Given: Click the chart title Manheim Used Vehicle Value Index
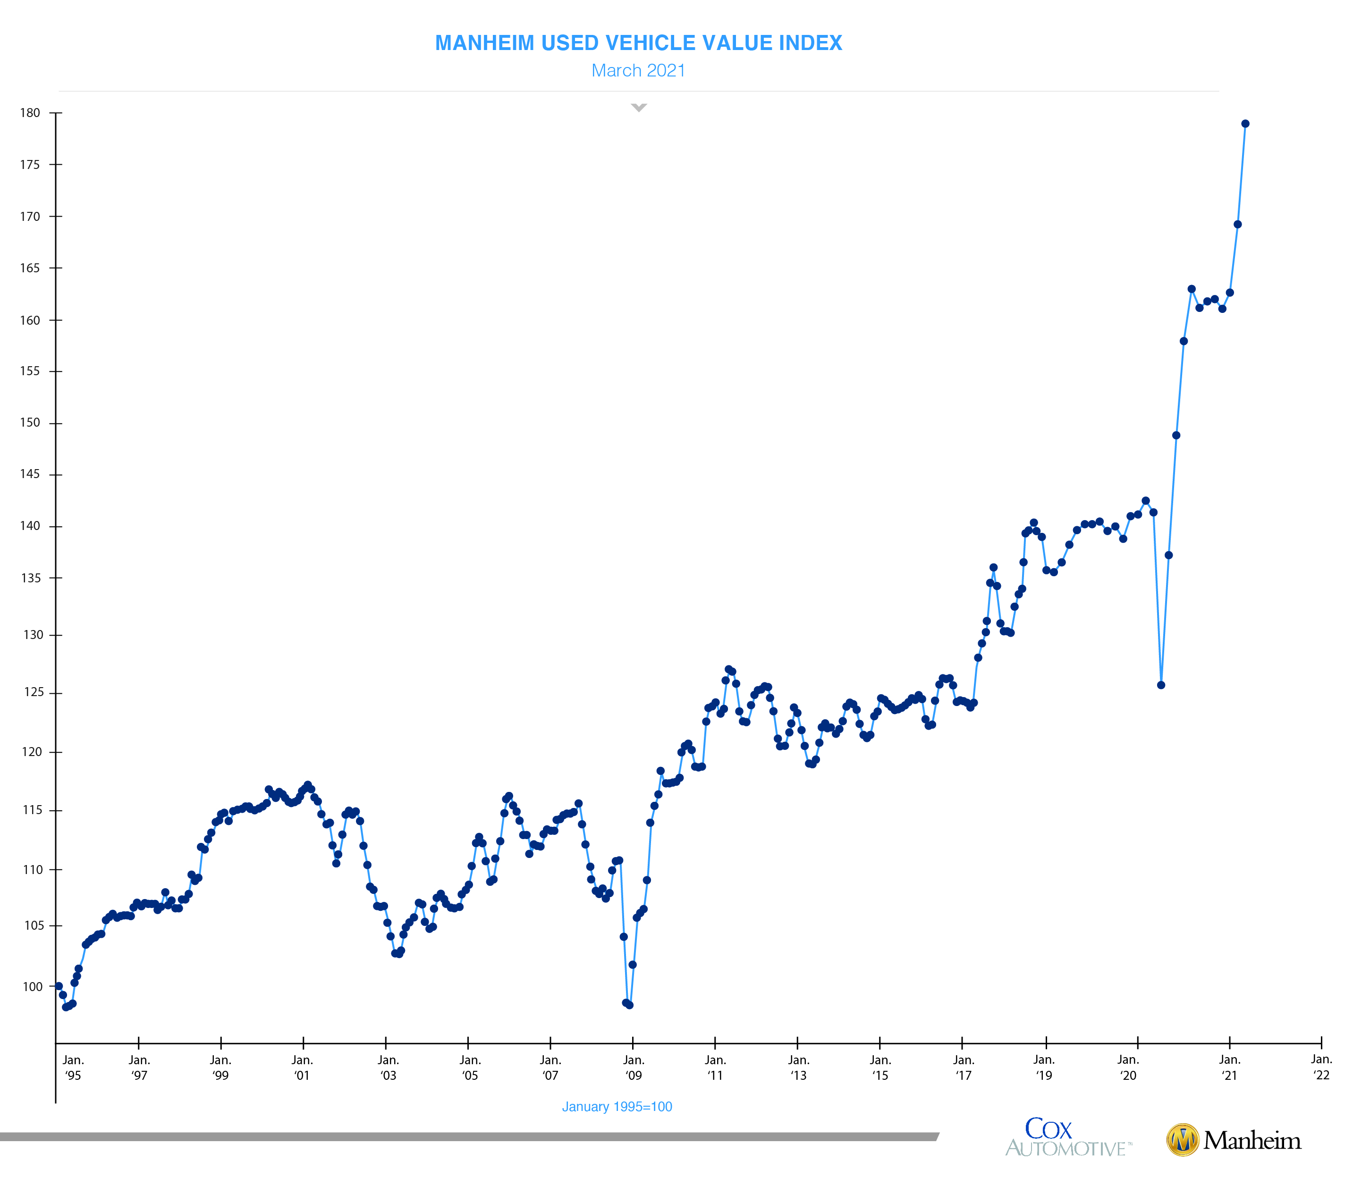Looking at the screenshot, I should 638,43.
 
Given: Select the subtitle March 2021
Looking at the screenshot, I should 638,71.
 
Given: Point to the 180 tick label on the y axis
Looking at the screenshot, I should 30,113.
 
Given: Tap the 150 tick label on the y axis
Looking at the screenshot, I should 30,423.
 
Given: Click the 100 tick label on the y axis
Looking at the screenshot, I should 33,987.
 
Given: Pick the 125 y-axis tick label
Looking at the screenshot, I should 33,692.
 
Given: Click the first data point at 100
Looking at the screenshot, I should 59,986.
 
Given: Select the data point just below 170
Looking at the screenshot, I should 1238,224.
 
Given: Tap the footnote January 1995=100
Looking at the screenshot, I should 617,1107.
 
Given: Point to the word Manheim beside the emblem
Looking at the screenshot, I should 1252,1140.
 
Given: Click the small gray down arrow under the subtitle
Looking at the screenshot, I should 639,107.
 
